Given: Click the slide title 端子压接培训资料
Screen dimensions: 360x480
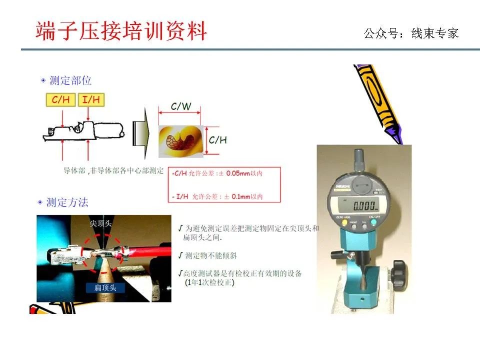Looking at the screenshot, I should (121, 31).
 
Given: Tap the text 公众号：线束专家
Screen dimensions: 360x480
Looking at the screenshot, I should (411, 33).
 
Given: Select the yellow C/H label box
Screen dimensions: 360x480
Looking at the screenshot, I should (61, 99).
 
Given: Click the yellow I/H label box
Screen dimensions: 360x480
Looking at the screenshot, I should (90, 99).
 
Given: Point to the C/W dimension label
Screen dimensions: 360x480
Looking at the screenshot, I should (180, 106).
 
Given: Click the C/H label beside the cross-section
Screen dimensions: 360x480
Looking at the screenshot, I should (217, 140).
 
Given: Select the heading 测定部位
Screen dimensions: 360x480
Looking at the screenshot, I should (70, 80).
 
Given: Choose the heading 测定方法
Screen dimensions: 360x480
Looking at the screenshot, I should (67, 202).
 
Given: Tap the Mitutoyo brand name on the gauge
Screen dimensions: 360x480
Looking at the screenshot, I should (341, 187).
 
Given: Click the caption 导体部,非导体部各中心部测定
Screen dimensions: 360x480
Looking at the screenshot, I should (113, 170).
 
